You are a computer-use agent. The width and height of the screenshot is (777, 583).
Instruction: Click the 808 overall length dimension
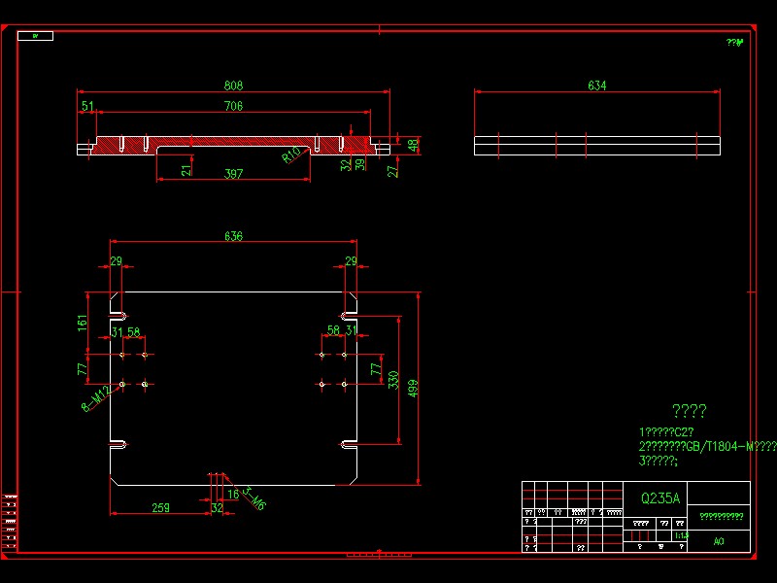[x=233, y=85]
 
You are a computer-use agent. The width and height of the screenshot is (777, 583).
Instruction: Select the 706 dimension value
[x=233, y=106]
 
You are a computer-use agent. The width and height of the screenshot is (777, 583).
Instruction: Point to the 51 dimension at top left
[x=87, y=106]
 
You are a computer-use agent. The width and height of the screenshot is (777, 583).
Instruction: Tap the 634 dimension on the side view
[x=596, y=86]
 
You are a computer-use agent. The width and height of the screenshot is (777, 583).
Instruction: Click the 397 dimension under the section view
[x=233, y=174]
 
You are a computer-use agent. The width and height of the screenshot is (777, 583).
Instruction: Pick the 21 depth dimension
[x=186, y=170]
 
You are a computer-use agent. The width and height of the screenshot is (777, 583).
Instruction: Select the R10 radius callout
[x=291, y=155]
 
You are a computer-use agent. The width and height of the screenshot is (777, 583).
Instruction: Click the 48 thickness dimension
[x=414, y=145]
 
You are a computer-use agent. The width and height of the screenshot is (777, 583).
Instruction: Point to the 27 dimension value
[x=393, y=171]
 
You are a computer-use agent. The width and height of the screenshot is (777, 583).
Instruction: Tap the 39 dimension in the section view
[x=360, y=165]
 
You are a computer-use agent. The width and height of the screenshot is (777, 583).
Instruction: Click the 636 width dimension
[x=233, y=236]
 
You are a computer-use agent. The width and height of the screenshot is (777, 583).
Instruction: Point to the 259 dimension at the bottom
[x=161, y=507]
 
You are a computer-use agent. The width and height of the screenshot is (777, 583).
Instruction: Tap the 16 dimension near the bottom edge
[x=233, y=494]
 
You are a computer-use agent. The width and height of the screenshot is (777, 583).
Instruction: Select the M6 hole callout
[x=254, y=499]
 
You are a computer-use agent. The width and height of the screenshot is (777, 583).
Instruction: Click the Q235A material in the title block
[x=660, y=497]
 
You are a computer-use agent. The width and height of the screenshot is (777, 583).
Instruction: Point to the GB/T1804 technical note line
[x=707, y=446]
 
